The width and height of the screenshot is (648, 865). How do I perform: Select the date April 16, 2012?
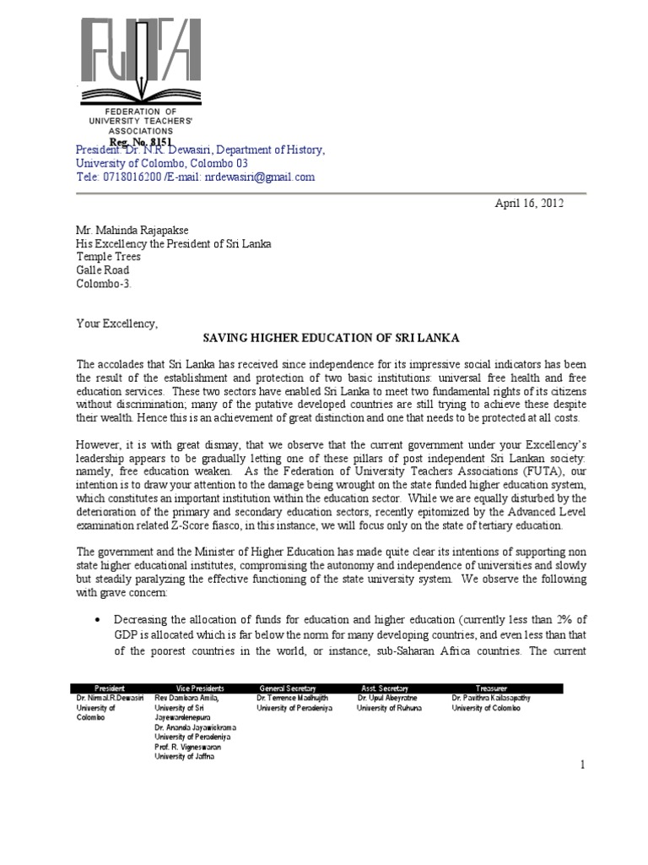click(528, 204)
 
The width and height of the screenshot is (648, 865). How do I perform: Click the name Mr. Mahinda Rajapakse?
click(127, 231)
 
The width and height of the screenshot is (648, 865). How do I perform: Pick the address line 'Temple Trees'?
click(108, 257)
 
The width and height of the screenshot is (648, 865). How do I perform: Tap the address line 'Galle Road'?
click(102, 270)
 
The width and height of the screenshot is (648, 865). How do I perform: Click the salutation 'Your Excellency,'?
click(117, 324)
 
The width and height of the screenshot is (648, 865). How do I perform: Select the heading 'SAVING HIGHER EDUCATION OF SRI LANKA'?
click(323, 338)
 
